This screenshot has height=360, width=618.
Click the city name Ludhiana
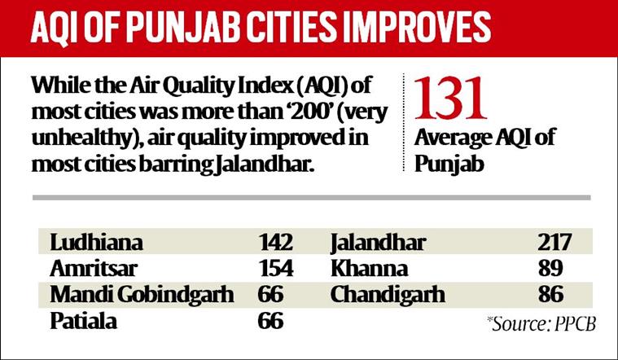pyautogui.click(x=96, y=242)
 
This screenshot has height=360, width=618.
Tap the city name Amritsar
pyautogui.click(x=93, y=268)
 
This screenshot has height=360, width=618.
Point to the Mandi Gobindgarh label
pyautogui.click(x=142, y=294)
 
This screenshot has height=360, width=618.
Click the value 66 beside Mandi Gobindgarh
pyautogui.click(x=266, y=294)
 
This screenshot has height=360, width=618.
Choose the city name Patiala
pyautogui.click(x=84, y=321)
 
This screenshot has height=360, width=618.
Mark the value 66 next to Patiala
pyautogui.click(x=266, y=321)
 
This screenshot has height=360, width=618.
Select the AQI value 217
pyautogui.click(x=556, y=242)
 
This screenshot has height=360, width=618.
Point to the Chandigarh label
pyautogui.click(x=388, y=294)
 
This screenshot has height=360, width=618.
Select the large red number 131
pyautogui.click(x=451, y=101)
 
